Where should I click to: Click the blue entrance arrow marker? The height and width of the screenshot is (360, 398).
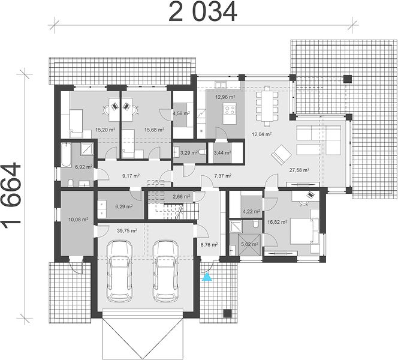pos(207,277)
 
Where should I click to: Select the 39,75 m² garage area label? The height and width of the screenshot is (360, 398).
pos(127,230)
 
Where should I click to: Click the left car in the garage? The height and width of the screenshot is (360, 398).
pos(119,271)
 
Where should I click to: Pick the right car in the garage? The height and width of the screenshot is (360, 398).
pos(166,271)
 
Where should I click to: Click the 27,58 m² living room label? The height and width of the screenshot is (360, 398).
pos(299,170)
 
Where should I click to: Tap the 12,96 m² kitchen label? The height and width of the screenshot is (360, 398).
pos(225,97)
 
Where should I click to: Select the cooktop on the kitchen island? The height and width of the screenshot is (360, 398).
pos(230,110)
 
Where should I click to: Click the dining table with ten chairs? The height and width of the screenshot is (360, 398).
pos(267,107)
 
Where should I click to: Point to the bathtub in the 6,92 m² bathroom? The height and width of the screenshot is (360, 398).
pos(66,155)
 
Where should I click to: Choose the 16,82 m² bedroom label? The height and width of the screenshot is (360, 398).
pos(278,222)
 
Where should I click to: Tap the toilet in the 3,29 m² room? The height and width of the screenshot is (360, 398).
pos(203,152)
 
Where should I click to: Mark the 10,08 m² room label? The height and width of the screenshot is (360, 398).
pos(79,219)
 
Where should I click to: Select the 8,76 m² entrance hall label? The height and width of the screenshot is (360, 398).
pos(209,245)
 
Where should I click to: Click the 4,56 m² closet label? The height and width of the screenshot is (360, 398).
pos(181,113)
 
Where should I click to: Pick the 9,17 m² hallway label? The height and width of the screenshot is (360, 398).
pos(131,176)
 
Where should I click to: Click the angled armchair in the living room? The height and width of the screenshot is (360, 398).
pos(281,154)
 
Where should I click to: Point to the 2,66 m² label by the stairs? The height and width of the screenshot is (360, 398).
pos(182,196)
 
